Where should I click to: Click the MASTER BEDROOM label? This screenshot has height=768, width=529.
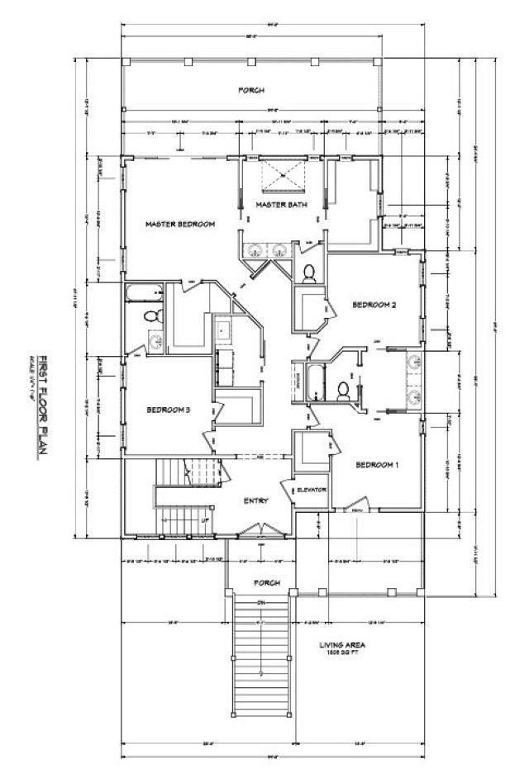(180, 225)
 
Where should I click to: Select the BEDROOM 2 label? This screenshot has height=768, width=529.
(374, 305)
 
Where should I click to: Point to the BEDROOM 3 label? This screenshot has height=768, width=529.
(169, 410)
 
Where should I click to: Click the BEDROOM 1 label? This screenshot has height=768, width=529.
(377, 465)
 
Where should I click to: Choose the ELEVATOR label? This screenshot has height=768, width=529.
(312, 490)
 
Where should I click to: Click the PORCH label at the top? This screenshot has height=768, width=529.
(251, 90)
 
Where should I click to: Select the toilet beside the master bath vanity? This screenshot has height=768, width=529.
(308, 273)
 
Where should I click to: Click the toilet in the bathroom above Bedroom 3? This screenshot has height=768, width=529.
(150, 315)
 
